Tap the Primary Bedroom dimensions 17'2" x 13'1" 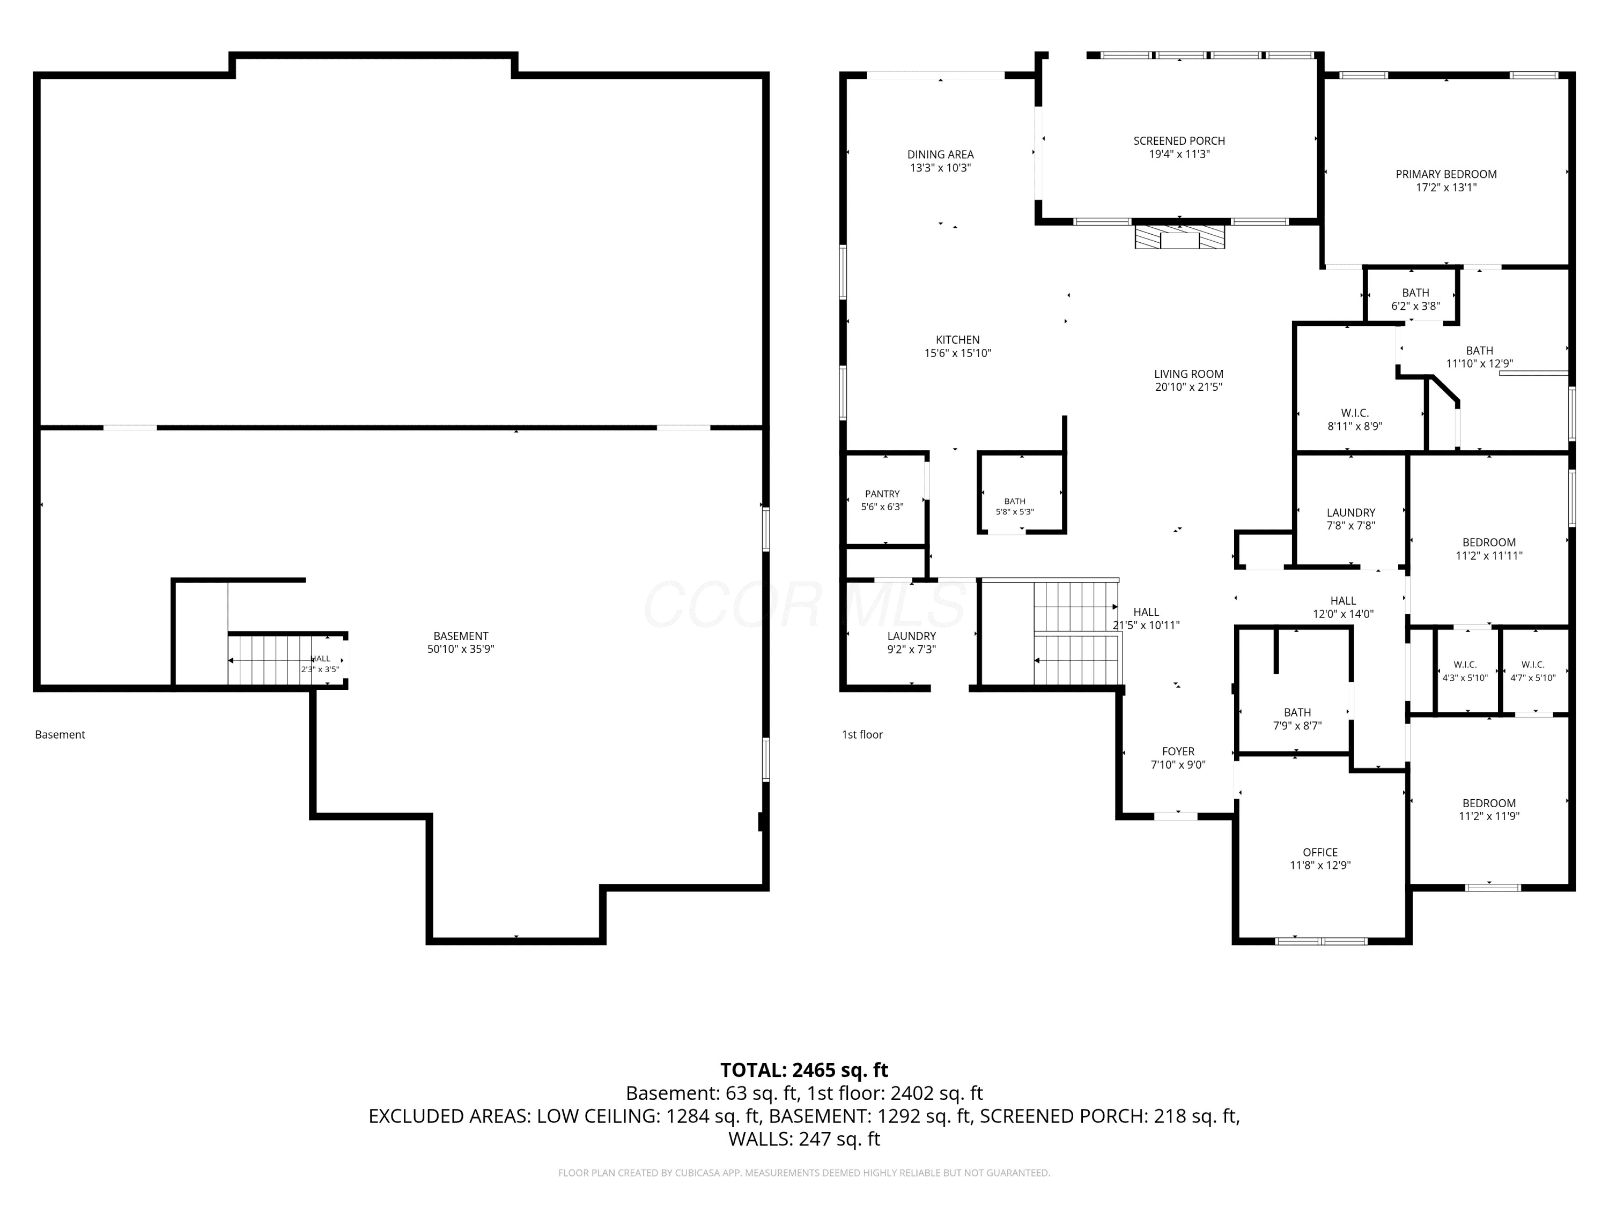pos(1446,188)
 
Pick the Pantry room pos(882,500)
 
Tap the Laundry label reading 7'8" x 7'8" pos(1351,519)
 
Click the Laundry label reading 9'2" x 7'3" pos(911,643)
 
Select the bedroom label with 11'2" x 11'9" pos(1489,809)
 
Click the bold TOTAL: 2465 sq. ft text pos(804,1070)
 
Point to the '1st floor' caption pos(862,734)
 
